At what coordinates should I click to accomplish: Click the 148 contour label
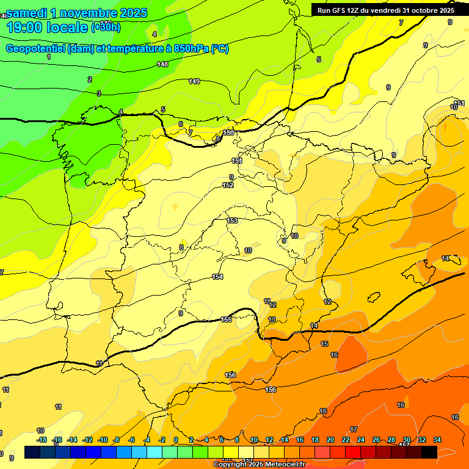[x=162, y=64]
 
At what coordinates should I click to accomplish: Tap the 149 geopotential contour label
[x=194, y=81]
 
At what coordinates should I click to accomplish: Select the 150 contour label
[x=228, y=133]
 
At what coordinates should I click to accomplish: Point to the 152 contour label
[x=228, y=185]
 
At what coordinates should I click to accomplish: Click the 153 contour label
[x=232, y=220]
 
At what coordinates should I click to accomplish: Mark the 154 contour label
[x=217, y=277]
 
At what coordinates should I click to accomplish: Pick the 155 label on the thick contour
[x=226, y=319]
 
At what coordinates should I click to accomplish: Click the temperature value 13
[x=272, y=319]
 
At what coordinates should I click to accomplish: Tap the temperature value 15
[x=324, y=344]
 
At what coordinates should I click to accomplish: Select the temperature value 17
[x=354, y=429]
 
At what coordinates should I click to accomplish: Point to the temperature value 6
[x=181, y=124]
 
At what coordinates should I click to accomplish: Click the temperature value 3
[x=99, y=93]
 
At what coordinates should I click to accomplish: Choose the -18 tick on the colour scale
[x=42, y=440]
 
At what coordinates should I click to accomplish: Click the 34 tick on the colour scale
[x=437, y=440]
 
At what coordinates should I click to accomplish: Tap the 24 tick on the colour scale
[x=361, y=440]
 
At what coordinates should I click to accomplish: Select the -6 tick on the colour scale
[x=131, y=440]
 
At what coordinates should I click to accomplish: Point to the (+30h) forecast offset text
[x=106, y=27]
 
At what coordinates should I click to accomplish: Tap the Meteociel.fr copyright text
[x=260, y=464]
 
